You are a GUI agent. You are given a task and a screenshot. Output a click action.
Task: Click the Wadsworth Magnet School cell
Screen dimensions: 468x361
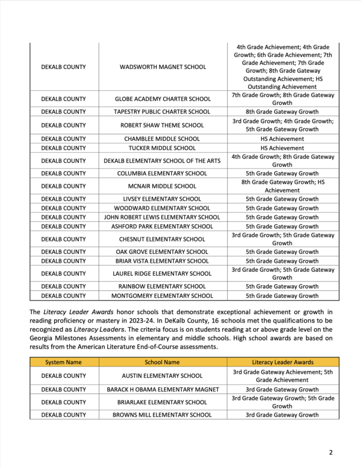162,67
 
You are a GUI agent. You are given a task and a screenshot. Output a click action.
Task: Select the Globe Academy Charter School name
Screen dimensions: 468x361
162,98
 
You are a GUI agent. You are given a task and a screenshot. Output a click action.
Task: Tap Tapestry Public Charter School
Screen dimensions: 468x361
162,112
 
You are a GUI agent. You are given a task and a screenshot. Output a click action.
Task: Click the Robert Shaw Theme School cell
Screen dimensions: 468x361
162,125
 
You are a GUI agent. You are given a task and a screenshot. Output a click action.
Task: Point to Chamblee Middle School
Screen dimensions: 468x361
162,139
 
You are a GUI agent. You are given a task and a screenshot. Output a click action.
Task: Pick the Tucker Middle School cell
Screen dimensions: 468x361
162,148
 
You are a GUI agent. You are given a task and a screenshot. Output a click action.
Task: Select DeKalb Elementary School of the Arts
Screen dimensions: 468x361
162,161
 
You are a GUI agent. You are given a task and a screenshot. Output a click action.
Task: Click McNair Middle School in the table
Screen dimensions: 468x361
162,186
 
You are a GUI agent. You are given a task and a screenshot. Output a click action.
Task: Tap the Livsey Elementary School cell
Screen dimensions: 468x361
162,199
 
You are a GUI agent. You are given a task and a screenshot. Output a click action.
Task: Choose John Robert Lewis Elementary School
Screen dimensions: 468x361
162,217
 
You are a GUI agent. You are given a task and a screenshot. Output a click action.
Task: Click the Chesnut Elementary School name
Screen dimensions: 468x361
162,239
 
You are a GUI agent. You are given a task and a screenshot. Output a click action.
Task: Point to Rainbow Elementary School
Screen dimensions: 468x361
162,286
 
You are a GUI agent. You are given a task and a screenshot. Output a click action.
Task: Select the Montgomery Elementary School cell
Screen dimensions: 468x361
162,295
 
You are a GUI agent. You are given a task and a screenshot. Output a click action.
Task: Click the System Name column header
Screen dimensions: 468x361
63,362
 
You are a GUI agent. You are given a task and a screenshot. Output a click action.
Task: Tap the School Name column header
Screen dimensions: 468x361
162,362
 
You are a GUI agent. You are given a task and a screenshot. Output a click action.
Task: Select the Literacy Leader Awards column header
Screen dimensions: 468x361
283,362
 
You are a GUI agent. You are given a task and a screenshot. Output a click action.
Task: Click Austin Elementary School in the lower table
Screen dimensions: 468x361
162,376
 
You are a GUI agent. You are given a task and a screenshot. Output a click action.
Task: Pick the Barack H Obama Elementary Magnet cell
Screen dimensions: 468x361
162,390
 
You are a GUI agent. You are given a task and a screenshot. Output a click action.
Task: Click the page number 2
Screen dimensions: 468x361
331,452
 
